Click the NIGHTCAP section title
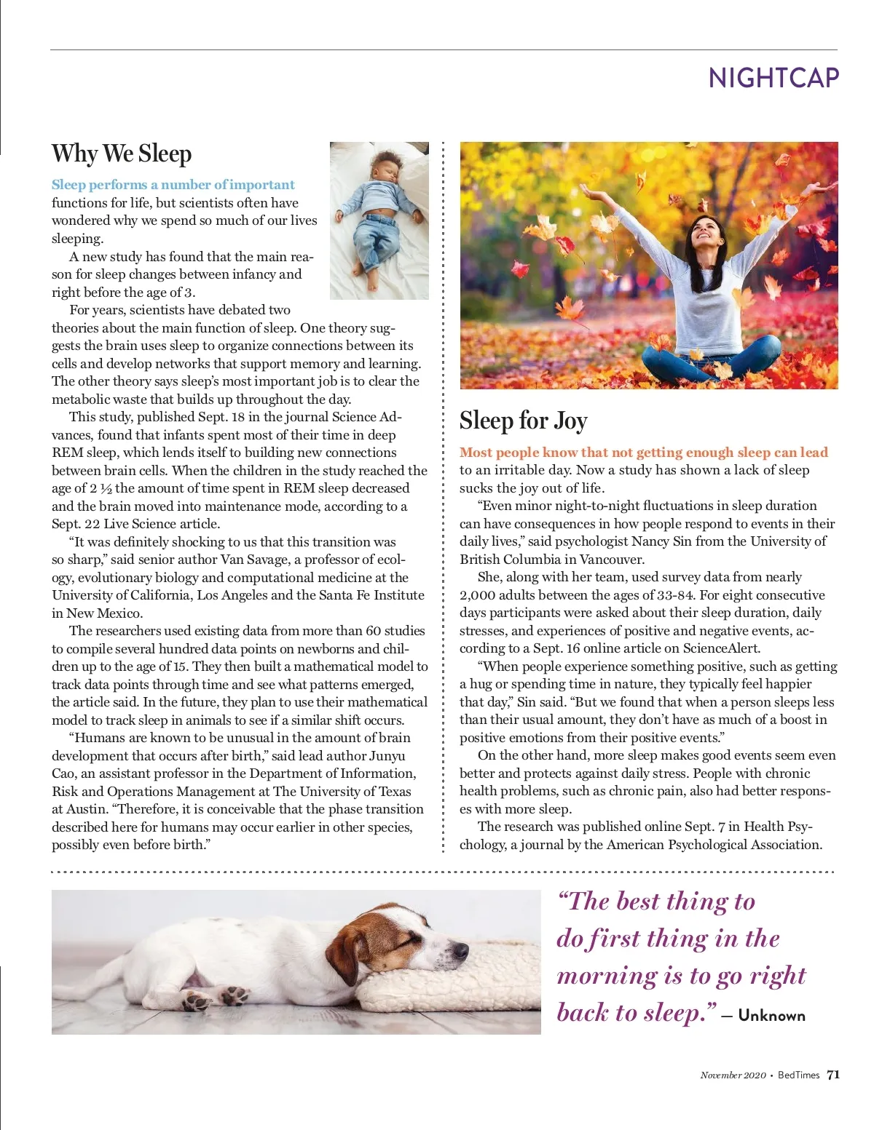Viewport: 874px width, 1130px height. (773, 78)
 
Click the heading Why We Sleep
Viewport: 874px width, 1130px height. (122, 154)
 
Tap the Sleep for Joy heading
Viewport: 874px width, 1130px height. (523, 421)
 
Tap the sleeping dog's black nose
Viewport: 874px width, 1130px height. (461, 950)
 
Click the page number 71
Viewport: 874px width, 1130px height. (833, 1075)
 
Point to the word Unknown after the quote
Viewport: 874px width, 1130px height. (771, 1016)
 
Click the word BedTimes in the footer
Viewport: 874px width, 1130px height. (798, 1075)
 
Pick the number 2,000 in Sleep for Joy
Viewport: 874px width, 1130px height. (477, 595)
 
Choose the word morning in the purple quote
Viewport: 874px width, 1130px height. (608, 976)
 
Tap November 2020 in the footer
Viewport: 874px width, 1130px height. (733, 1075)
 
